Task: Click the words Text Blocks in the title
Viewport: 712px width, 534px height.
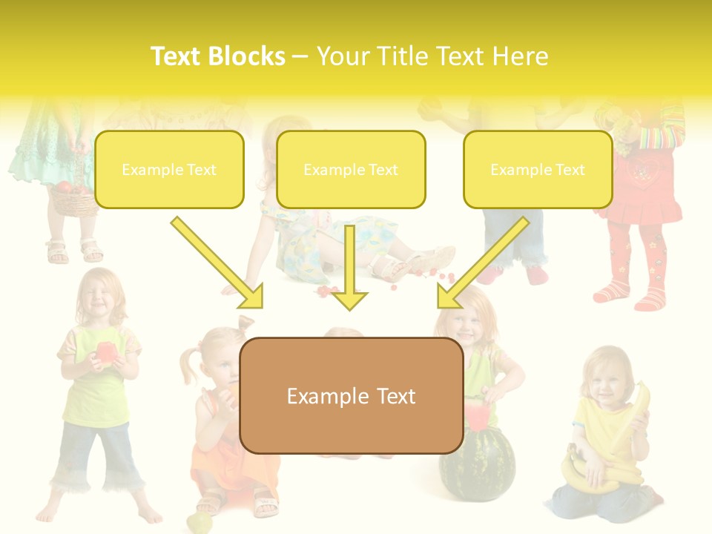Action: point(217,56)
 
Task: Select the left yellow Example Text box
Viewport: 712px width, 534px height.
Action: point(169,170)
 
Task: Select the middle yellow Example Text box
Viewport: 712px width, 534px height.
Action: point(351,170)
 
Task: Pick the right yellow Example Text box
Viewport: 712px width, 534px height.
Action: point(538,170)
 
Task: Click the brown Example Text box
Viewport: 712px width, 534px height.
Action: point(351,396)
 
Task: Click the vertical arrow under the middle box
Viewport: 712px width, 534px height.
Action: point(349,267)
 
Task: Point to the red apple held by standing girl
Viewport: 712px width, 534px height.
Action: point(105,353)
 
